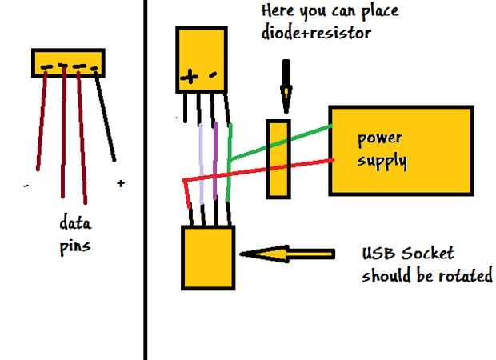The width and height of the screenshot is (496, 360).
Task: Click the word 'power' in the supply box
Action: [380, 138]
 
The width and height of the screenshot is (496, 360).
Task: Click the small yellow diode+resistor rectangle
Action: [277, 158]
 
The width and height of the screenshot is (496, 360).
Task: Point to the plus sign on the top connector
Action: [190, 78]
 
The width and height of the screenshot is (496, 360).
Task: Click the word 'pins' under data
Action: [76, 246]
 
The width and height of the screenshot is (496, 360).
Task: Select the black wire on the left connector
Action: [106, 116]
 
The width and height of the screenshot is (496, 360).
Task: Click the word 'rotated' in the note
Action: [466, 277]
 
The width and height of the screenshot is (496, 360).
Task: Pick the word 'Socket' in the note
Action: [430, 254]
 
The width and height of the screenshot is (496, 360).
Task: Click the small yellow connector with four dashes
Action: [68, 63]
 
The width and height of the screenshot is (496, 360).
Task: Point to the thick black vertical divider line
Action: [145, 180]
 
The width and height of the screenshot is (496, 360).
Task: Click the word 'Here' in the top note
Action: [279, 12]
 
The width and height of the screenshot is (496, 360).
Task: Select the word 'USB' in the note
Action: [378, 254]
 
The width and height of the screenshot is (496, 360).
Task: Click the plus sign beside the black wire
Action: [120, 183]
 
